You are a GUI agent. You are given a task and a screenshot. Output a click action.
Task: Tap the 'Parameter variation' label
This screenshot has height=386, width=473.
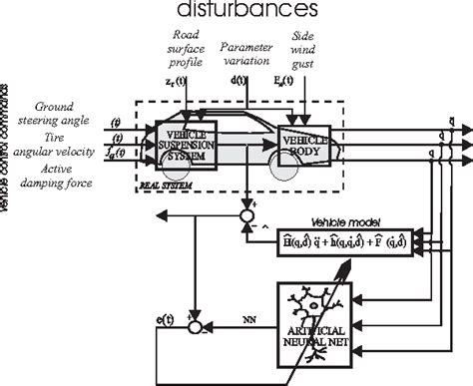pyautogui.click(x=245, y=53)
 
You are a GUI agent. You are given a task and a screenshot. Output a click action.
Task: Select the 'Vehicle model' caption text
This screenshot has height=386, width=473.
pyautogui.click(x=337, y=220)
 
